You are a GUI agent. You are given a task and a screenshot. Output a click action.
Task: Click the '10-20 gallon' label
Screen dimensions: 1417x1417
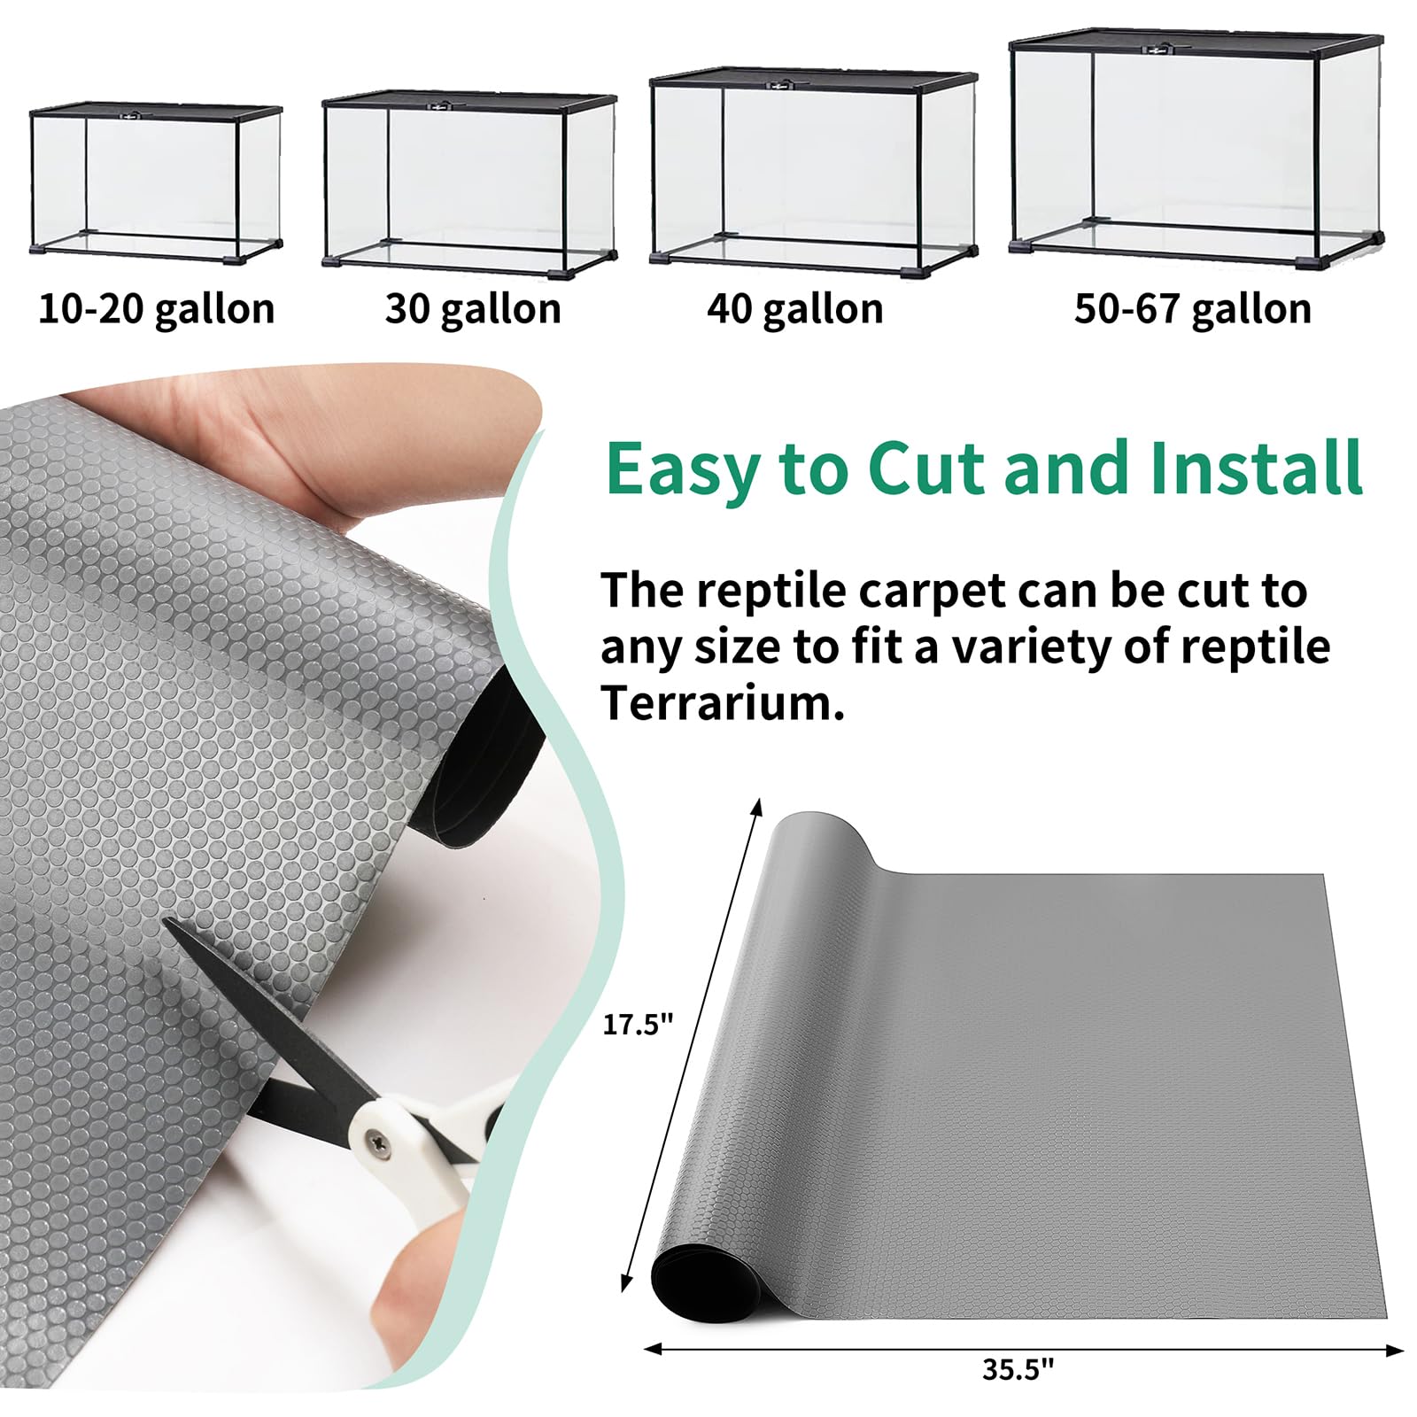tap(157, 310)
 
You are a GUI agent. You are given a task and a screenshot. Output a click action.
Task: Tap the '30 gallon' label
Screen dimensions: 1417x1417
tap(473, 310)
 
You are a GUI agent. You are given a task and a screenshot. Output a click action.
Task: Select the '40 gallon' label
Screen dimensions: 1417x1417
tap(794, 310)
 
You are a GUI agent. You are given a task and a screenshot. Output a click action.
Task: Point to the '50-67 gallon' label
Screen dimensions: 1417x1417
tap(1192, 310)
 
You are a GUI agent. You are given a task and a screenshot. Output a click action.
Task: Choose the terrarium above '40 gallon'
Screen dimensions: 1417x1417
tap(813, 172)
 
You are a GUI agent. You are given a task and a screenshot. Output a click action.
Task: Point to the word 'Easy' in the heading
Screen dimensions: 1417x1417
tap(678, 469)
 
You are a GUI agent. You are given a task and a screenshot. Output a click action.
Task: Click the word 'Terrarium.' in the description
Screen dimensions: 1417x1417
tap(722, 703)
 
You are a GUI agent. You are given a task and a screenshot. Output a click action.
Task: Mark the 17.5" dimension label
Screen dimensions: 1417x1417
tap(638, 1025)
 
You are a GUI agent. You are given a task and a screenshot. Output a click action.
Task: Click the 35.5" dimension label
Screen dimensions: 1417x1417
tap(1018, 1369)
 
